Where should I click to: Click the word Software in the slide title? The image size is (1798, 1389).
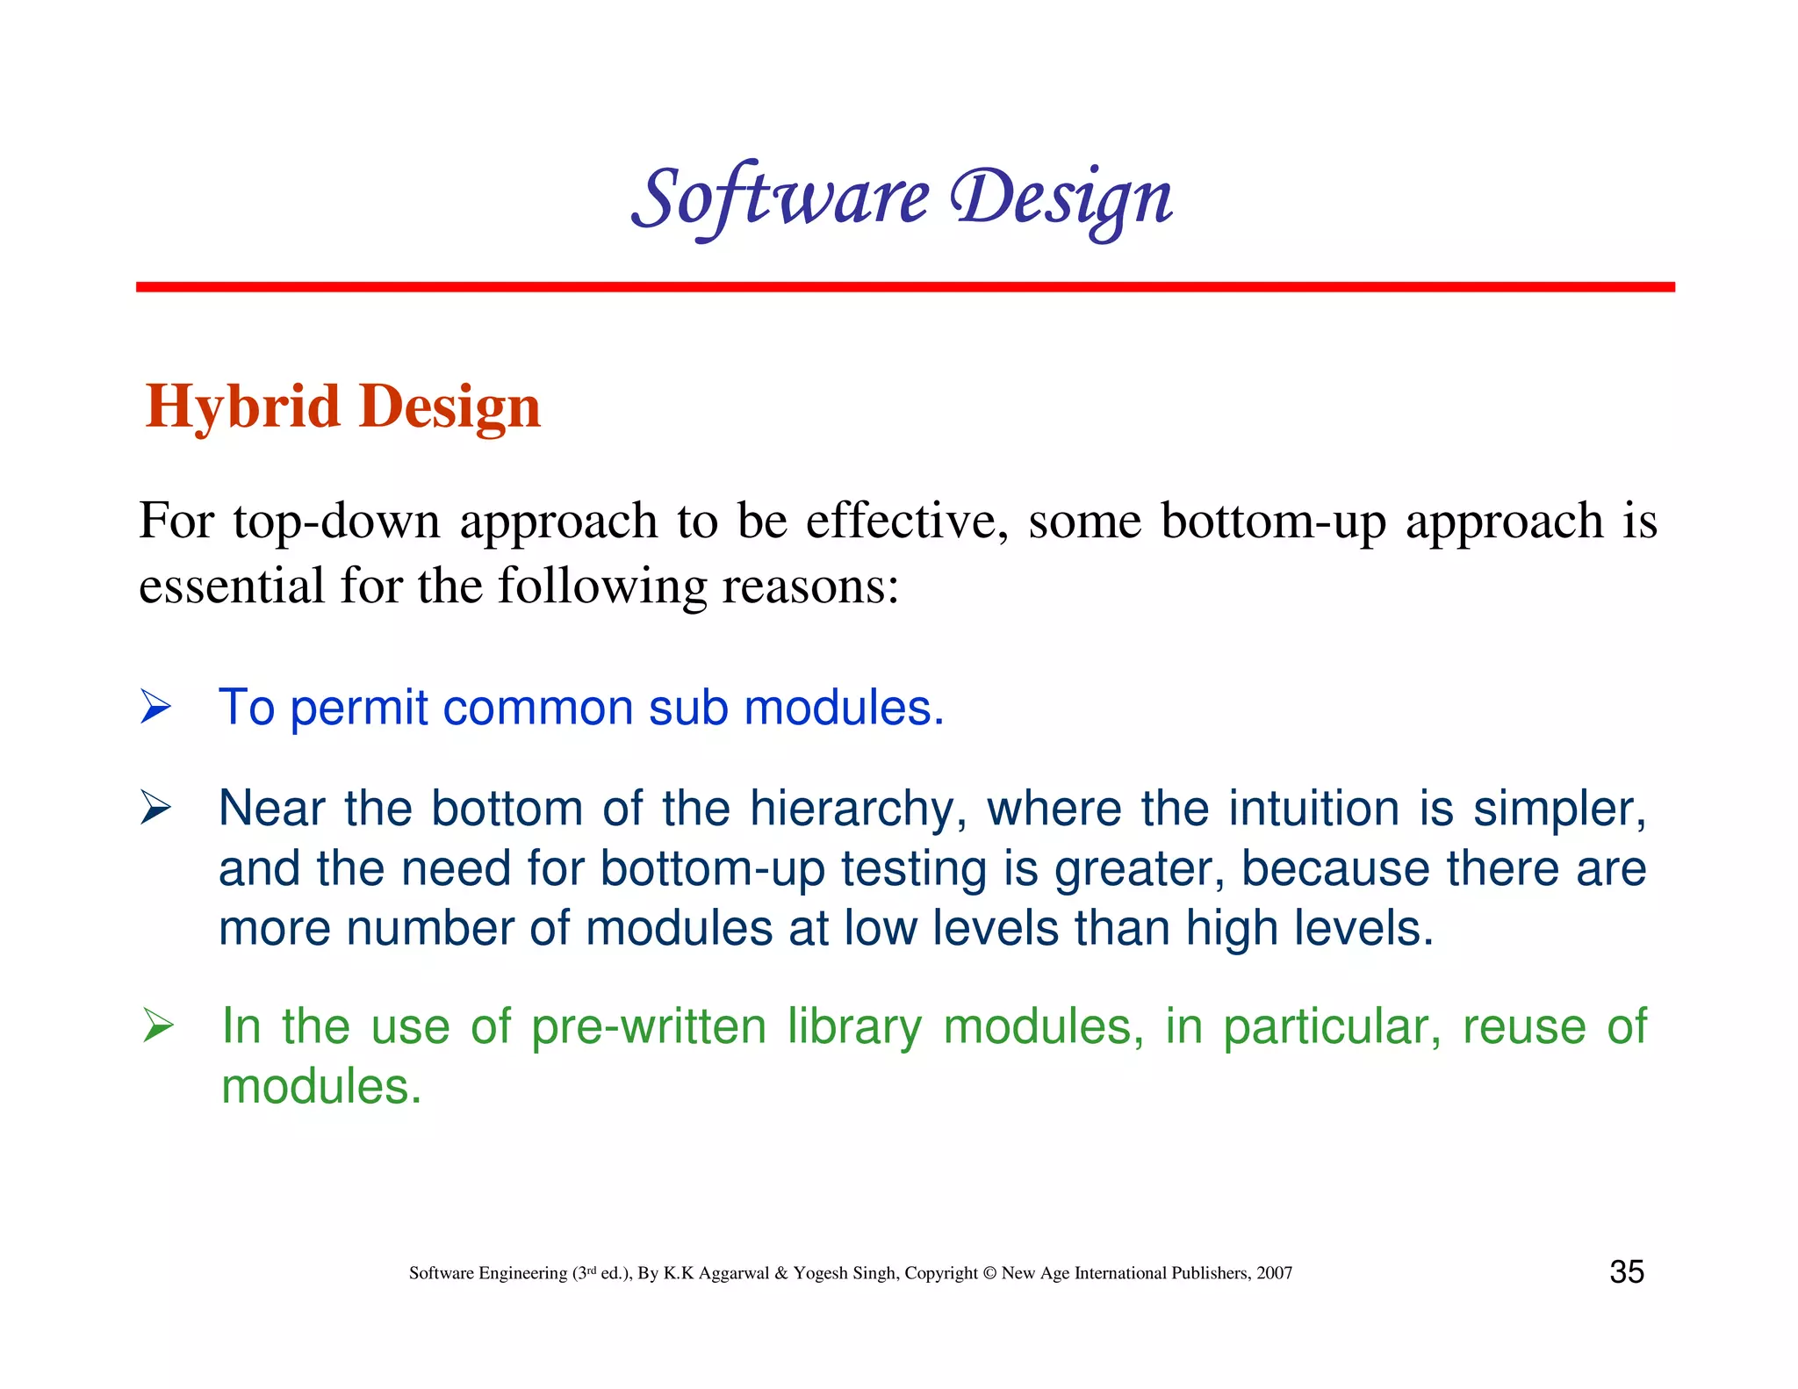[x=780, y=198]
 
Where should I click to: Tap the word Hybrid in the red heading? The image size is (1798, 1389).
[x=242, y=407]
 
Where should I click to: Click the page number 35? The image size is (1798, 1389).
[x=1626, y=1272]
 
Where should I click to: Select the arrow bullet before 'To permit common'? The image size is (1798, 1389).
[x=155, y=707]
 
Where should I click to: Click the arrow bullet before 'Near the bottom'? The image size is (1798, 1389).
[x=155, y=808]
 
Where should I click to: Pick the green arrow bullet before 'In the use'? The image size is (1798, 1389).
[x=158, y=1026]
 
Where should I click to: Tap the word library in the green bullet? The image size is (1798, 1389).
[x=854, y=1026]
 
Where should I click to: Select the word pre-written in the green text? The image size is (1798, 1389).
[x=649, y=1026]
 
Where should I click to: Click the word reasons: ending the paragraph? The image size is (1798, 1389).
[x=810, y=586]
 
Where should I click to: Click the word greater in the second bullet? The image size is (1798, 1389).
[x=1139, y=869]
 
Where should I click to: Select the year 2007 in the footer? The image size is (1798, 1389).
[x=1274, y=1273]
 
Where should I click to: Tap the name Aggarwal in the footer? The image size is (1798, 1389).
[x=733, y=1273]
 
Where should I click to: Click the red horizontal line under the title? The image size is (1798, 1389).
[x=904, y=287]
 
